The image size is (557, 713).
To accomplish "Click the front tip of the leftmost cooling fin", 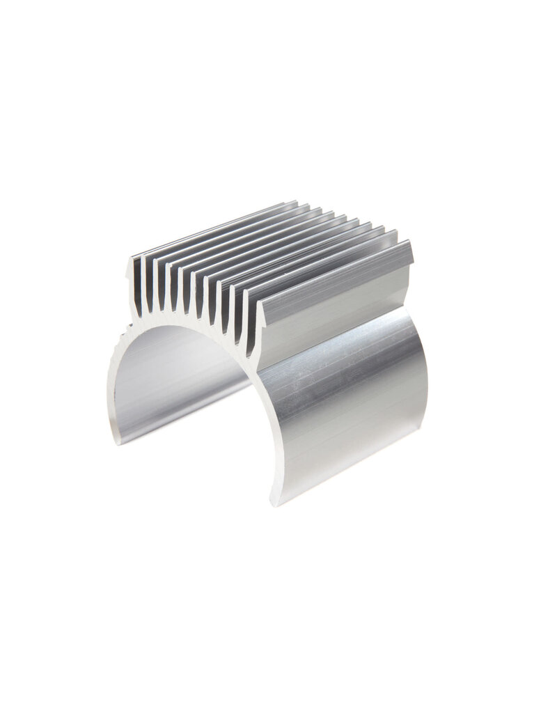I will (x=134, y=263).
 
